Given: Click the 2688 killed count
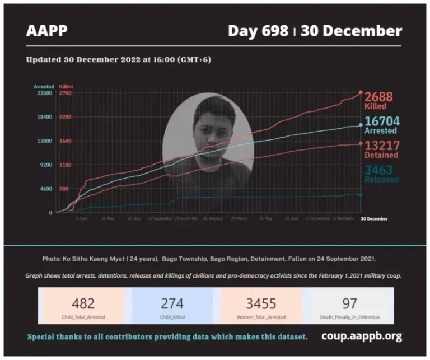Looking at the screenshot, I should pyautogui.click(x=376, y=97).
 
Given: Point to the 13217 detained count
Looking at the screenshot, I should pyautogui.click(x=380, y=145).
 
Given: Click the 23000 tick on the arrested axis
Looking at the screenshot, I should pyautogui.click(x=44, y=93).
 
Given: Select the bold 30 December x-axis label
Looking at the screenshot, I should pyautogui.click(x=373, y=218).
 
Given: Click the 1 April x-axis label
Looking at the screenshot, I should pyautogui.click(x=82, y=218).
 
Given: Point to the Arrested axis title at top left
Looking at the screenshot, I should pyautogui.click(x=44, y=87).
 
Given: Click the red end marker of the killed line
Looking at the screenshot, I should pyautogui.click(x=361, y=92).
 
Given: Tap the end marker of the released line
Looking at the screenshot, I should pyautogui.click(x=361, y=195).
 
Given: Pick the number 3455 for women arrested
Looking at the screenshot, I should pyautogui.click(x=261, y=303).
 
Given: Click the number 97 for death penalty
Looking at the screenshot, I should pyautogui.click(x=350, y=303).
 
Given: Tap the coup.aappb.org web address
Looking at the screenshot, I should pyautogui.click(x=361, y=336).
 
